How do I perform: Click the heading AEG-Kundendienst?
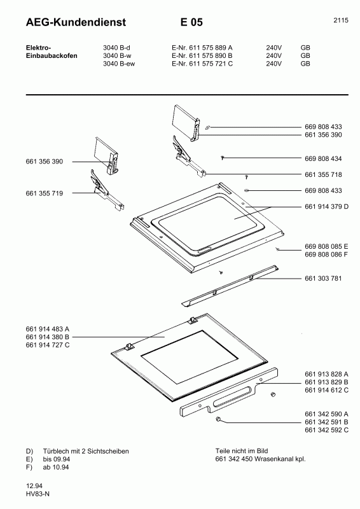(76, 22)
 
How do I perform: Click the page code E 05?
(191, 22)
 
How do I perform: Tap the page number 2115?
(341, 20)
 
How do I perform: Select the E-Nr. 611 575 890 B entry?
(202, 55)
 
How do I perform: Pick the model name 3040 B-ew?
(119, 64)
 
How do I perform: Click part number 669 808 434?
(323, 158)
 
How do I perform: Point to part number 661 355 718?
(323, 174)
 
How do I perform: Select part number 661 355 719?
(45, 193)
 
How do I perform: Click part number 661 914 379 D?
(326, 206)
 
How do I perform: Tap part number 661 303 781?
(323, 278)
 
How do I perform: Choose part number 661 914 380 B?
(48, 337)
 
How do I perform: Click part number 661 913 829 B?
(326, 382)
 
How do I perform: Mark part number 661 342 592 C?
(326, 430)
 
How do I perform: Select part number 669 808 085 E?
(326, 246)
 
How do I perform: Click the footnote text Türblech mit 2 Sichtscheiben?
(86, 451)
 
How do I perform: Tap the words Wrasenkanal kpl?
(280, 459)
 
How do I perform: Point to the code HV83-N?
(38, 494)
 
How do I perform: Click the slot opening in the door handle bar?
(233, 396)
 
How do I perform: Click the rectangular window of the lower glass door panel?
(190, 357)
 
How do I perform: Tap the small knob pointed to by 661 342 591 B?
(218, 419)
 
